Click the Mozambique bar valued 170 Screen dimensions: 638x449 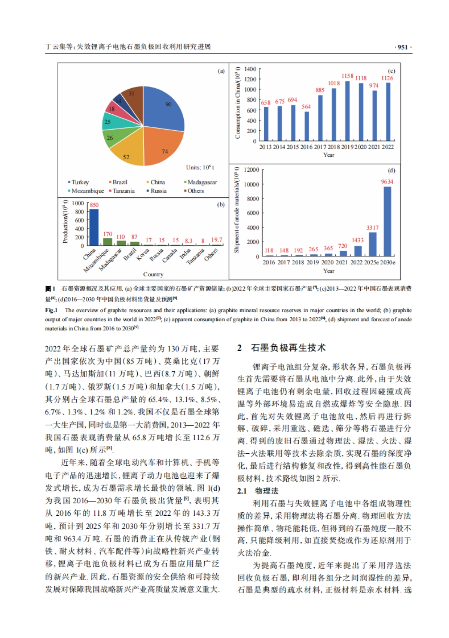tap(107, 242)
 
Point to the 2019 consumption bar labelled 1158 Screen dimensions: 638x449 tap(347, 111)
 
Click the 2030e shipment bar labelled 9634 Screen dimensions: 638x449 tap(387, 221)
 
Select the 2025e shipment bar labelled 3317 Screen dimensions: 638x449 tap(373, 244)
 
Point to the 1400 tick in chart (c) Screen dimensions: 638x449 tap(250, 69)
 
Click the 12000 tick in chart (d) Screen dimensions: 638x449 tap(251, 170)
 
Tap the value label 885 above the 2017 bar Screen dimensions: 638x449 tap(320, 90)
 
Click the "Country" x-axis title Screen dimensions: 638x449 tap(153, 274)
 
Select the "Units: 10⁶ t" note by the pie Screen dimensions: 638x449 tap(200, 168)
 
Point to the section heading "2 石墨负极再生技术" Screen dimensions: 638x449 tap(281, 348)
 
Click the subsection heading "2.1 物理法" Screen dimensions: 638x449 tap(258, 491)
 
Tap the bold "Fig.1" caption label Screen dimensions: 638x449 tap(51, 310)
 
